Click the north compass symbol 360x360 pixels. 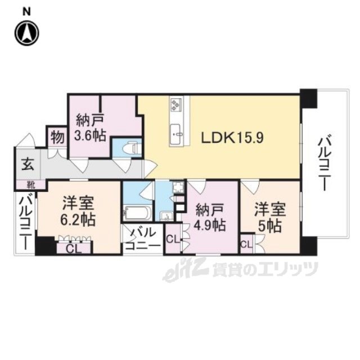(x=26, y=33)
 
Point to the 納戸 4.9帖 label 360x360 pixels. (x=210, y=218)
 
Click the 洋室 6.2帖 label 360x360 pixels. (x=78, y=210)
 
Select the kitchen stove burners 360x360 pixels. (x=177, y=105)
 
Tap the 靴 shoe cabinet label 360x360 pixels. (x=27, y=184)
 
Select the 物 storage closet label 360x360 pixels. (x=56, y=136)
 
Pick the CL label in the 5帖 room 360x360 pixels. (x=246, y=244)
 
